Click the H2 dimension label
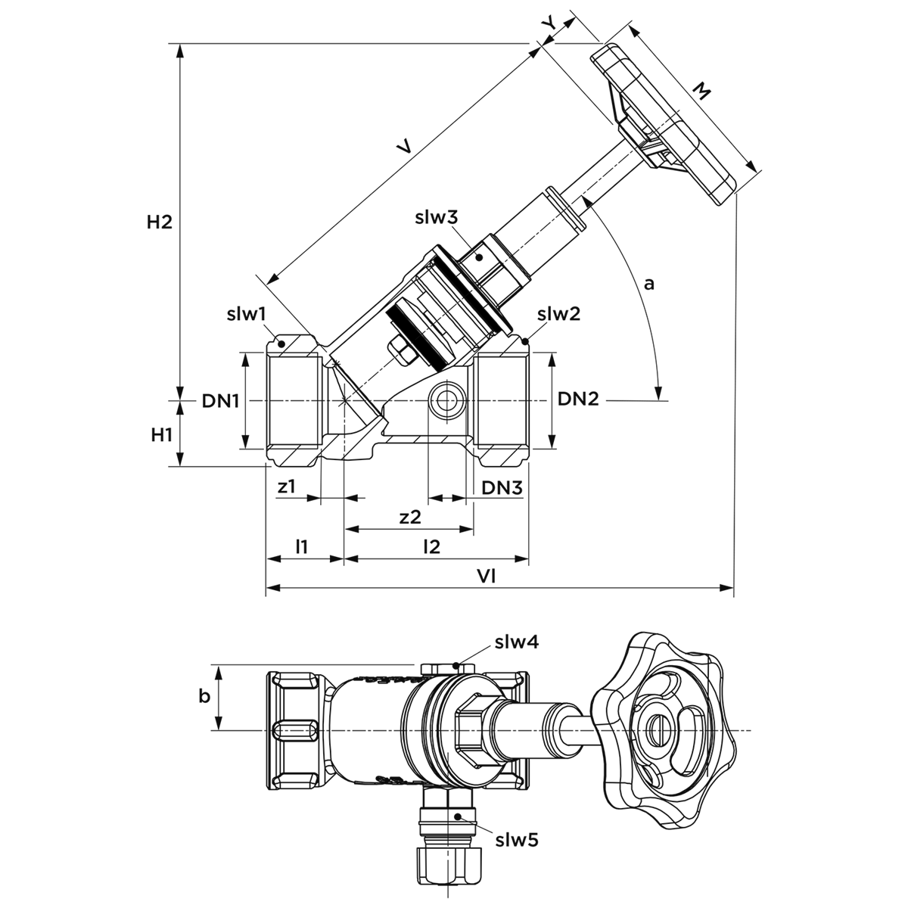coord(160,222)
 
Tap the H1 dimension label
coord(162,435)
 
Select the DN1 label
coord(220,401)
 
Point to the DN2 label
coord(578,399)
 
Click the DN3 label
coord(502,489)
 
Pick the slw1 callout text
coord(247,314)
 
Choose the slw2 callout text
coord(559,314)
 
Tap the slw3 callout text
coord(437,218)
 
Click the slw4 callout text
coord(517,642)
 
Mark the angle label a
coord(649,285)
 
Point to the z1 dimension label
coord(287,487)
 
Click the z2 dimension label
coord(410,518)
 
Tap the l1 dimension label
coord(302,546)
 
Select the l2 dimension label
coord(431,546)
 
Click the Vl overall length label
coord(486,577)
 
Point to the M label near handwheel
coord(701,92)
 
